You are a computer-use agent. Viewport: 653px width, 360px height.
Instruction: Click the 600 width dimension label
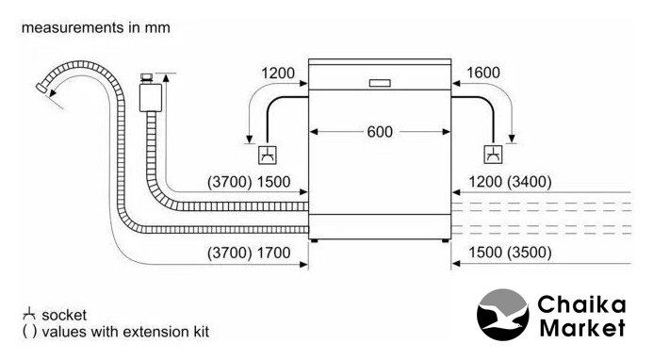pyautogui.click(x=380, y=132)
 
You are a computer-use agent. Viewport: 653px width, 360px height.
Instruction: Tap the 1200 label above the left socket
pyautogui.click(x=278, y=74)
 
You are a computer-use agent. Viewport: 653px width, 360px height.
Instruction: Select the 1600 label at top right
pyautogui.click(x=483, y=73)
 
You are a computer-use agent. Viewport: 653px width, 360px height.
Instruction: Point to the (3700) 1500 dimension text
pyautogui.click(x=249, y=182)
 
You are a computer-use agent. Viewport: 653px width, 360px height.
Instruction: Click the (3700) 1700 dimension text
pyautogui.click(x=249, y=253)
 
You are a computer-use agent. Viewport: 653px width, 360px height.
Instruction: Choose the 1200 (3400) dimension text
pyautogui.click(x=510, y=182)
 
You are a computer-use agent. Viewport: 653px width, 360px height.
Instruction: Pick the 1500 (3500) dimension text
pyautogui.click(x=510, y=253)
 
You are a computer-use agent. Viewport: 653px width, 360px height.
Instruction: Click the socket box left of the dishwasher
pyautogui.click(x=268, y=155)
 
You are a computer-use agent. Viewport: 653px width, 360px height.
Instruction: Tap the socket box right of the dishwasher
pyautogui.click(x=494, y=155)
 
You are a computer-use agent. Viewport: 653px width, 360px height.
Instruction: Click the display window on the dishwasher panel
pyautogui.click(x=380, y=83)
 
